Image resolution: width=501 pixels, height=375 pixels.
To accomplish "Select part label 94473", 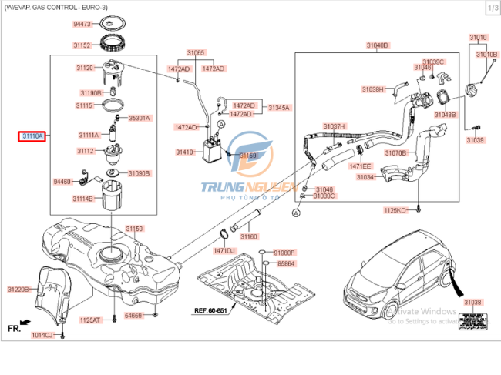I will click(x=82, y=25).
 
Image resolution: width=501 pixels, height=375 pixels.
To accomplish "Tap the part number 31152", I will click(x=82, y=45).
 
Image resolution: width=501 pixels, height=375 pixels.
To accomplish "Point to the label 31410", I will click(x=185, y=152).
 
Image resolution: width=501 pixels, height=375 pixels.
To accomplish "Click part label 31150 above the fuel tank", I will click(x=135, y=229).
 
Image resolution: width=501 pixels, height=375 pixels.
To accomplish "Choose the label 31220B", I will click(x=18, y=289).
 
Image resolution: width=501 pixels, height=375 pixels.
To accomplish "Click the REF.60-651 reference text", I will click(x=208, y=310).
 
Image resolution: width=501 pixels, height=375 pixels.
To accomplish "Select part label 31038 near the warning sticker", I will click(x=472, y=303).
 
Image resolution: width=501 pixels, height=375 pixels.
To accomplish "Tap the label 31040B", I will click(x=378, y=45).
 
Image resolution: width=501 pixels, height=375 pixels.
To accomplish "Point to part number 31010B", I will click(x=486, y=55).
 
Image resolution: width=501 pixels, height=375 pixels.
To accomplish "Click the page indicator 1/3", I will click(x=490, y=8).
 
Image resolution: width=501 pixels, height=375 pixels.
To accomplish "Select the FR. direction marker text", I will click(x=14, y=327).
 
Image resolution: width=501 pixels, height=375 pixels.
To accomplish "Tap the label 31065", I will click(x=196, y=52).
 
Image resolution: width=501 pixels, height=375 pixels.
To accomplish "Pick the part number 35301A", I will click(x=140, y=118).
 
